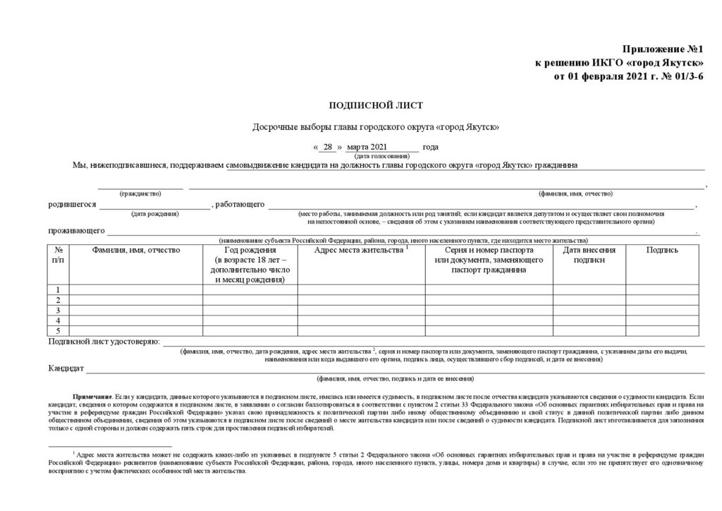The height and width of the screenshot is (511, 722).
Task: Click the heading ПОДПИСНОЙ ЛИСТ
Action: pos(376,106)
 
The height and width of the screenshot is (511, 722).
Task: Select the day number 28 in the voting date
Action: pos(327,147)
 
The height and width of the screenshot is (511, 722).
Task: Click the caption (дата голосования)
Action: pos(381,155)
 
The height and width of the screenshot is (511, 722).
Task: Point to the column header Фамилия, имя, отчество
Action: pos(136,250)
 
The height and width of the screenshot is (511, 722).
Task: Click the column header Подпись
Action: pos(662,250)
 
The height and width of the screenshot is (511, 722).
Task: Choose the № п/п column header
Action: pos(58,255)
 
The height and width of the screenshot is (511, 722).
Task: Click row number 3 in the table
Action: pos(58,310)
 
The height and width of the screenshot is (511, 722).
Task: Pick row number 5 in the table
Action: pos(58,330)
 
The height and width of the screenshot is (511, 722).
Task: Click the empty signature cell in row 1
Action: pos(662,289)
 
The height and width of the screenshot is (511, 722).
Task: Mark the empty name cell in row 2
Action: pos(136,300)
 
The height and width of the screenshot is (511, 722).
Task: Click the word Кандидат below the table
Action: pos(66,368)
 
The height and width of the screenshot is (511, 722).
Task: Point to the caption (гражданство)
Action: pos(140,193)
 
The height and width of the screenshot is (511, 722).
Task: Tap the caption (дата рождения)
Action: pos(154,213)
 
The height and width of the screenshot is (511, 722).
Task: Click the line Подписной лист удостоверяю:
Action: pos(104,342)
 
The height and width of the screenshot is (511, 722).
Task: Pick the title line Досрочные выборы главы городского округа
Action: pos(376,127)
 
